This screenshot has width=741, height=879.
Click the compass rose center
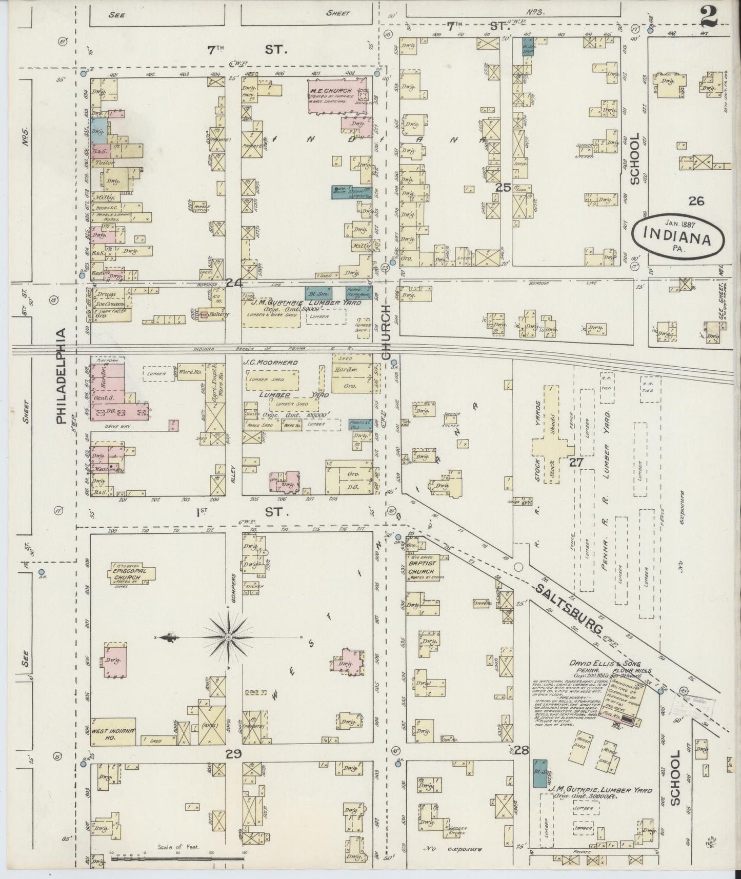point(229,637)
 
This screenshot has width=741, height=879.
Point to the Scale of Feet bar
point(177,857)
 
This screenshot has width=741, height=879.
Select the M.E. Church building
point(337,96)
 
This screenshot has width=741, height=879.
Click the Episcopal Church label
point(124,573)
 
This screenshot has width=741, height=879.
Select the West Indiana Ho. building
point(113,731)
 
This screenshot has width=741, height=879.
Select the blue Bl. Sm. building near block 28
point(539,773)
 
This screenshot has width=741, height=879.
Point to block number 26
point(696,201)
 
